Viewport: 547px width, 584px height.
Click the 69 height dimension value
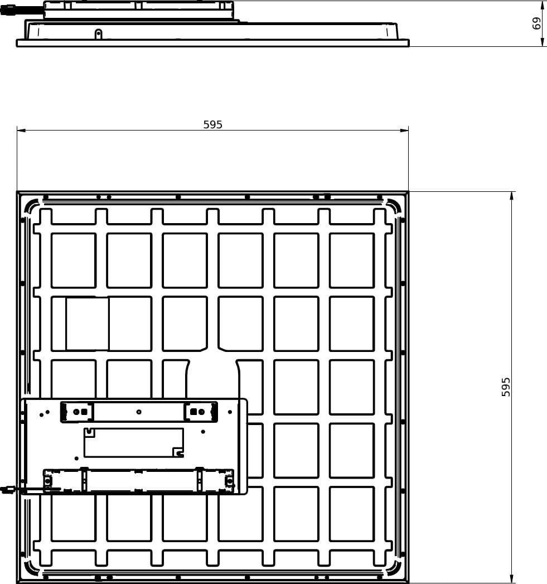[536, 23]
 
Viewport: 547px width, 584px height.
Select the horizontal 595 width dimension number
[212, 124]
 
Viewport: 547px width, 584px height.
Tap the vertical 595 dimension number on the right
[506, 387]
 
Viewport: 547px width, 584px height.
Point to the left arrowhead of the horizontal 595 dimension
[21, 131]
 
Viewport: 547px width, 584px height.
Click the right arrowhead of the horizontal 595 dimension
[404, 131]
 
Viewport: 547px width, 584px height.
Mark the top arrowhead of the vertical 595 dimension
[512, 196]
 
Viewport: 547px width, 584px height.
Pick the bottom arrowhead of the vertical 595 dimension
[512, 580]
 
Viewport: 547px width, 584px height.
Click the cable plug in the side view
[7, 10]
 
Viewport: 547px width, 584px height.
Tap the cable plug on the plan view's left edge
[7, 489]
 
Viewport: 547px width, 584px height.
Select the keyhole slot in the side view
[98, 34]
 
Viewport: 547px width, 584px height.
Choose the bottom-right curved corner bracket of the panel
[393, 569]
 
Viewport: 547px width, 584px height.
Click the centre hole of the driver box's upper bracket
[139, 412]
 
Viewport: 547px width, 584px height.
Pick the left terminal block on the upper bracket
[77, 412]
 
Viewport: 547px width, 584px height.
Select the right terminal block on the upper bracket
[201, 412]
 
